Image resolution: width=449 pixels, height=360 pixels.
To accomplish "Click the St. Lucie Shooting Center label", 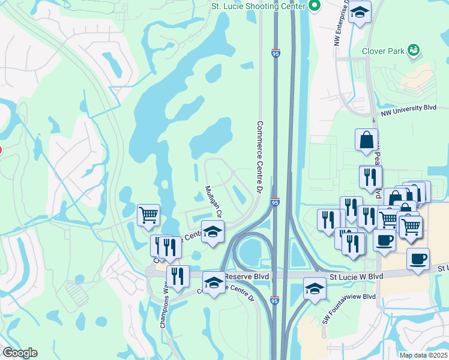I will (x=258, y=7).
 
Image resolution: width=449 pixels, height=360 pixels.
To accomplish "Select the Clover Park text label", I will (x=386, y=51).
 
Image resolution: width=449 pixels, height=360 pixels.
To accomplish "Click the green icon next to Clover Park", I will (x=413, y=50).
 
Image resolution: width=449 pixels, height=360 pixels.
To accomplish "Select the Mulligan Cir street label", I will (x=214, y=201).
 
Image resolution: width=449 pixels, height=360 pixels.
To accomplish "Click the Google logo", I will (x=19, y=353).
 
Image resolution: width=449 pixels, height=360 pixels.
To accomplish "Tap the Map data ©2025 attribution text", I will (x=423, y=355).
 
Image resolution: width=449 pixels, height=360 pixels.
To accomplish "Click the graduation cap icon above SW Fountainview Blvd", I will (x=314, y=289).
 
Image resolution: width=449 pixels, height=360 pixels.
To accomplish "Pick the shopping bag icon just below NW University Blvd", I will (x=366, y=140).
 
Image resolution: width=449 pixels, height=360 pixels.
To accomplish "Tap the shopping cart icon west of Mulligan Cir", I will (x=148, y=214).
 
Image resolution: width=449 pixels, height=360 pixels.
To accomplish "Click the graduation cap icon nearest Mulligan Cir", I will (x=212, y=232).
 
